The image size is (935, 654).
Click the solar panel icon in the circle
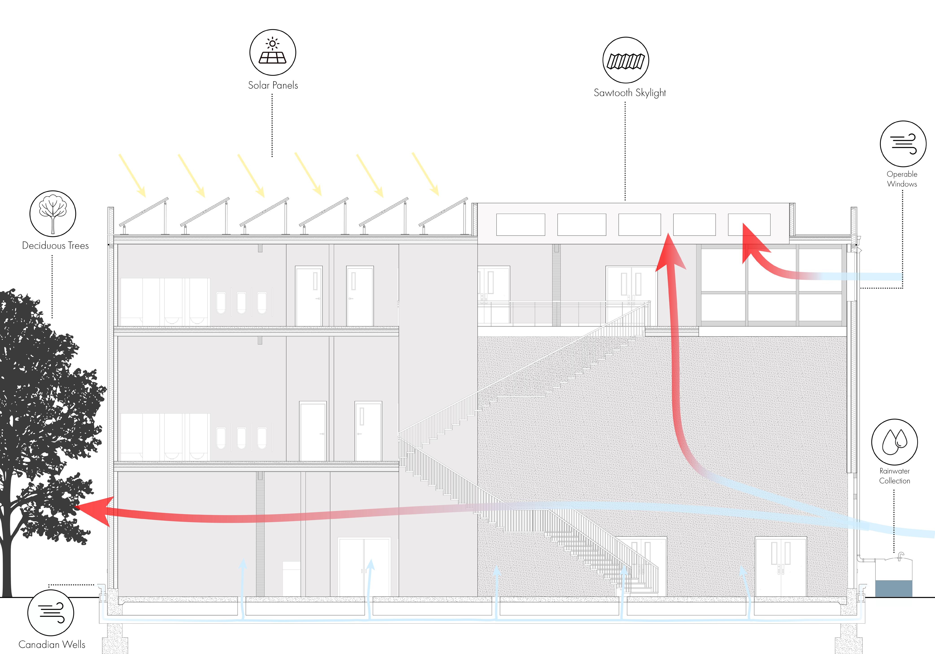coord(272,52)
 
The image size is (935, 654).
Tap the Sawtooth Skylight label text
coord(630,93)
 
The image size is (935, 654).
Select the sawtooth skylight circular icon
coord(625,60)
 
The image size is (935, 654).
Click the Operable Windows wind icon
coord(903,144)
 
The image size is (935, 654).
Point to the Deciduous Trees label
coord(55,245)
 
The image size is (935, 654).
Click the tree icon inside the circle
coord(52,213)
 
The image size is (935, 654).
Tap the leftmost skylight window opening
coord(520,225)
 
